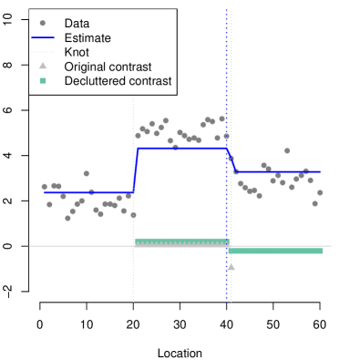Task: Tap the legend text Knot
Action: coord(77,52)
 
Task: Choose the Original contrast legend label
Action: coord(108,67)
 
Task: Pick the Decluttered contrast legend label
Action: coord(117,81)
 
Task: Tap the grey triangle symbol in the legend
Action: coord(43,67)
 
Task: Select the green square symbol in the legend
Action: coord(43,81)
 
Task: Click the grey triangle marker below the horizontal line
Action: coord(231,266)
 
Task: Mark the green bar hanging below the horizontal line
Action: coord(275,250)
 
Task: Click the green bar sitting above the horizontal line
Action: coord(180,242)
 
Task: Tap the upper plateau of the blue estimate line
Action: coord(182,148)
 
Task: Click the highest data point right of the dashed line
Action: coord(287,150)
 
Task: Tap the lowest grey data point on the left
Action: coord(67,218)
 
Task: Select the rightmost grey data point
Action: coord(320,192)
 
